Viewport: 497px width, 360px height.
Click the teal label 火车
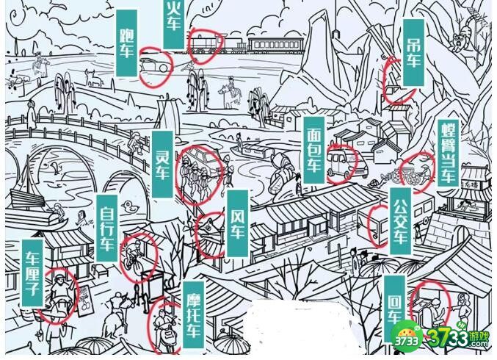coord(173,22)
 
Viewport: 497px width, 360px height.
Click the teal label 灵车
coord(162,165)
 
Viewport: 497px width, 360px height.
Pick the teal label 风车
coord(237,223)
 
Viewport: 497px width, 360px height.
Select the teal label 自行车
coord(107,227)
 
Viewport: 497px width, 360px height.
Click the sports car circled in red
coord(153,62)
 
